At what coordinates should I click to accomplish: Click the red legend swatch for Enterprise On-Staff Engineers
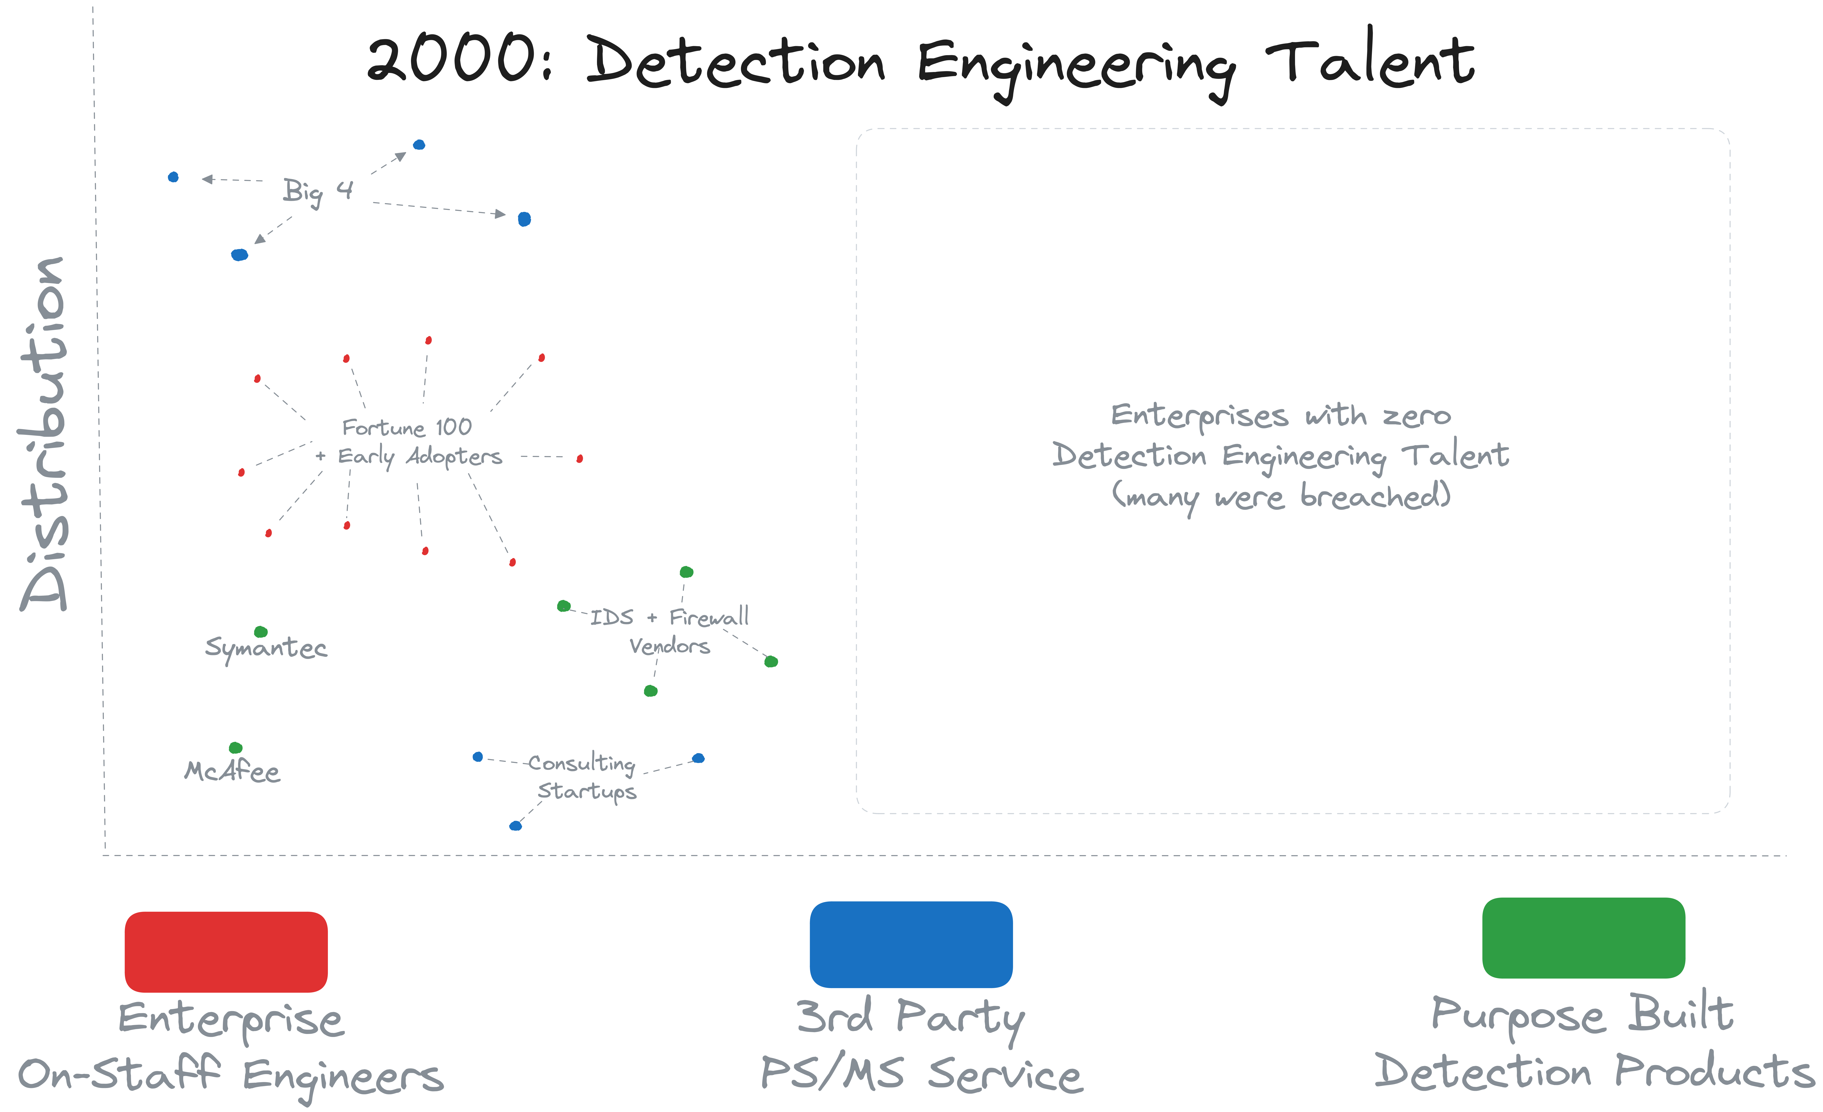[226, 951]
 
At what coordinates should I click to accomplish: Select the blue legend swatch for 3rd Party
[911, 944]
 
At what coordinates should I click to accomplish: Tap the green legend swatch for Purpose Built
[1583, 937]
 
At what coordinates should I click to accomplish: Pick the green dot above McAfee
[235, 747]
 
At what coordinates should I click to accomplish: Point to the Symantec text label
[266, 648]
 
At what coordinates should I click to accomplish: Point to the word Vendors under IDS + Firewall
[669, 646]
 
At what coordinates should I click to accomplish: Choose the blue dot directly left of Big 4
[173, 177]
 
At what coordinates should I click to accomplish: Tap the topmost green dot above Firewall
[686, 572]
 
